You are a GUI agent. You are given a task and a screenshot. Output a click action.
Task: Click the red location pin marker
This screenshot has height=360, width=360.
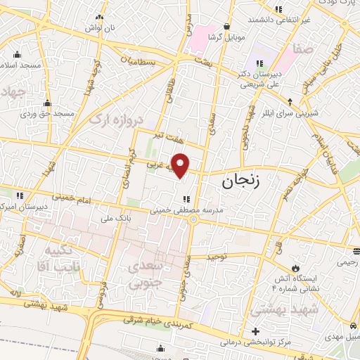(181, 165)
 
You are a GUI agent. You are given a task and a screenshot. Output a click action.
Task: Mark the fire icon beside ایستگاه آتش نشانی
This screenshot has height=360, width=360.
(296, 268)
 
